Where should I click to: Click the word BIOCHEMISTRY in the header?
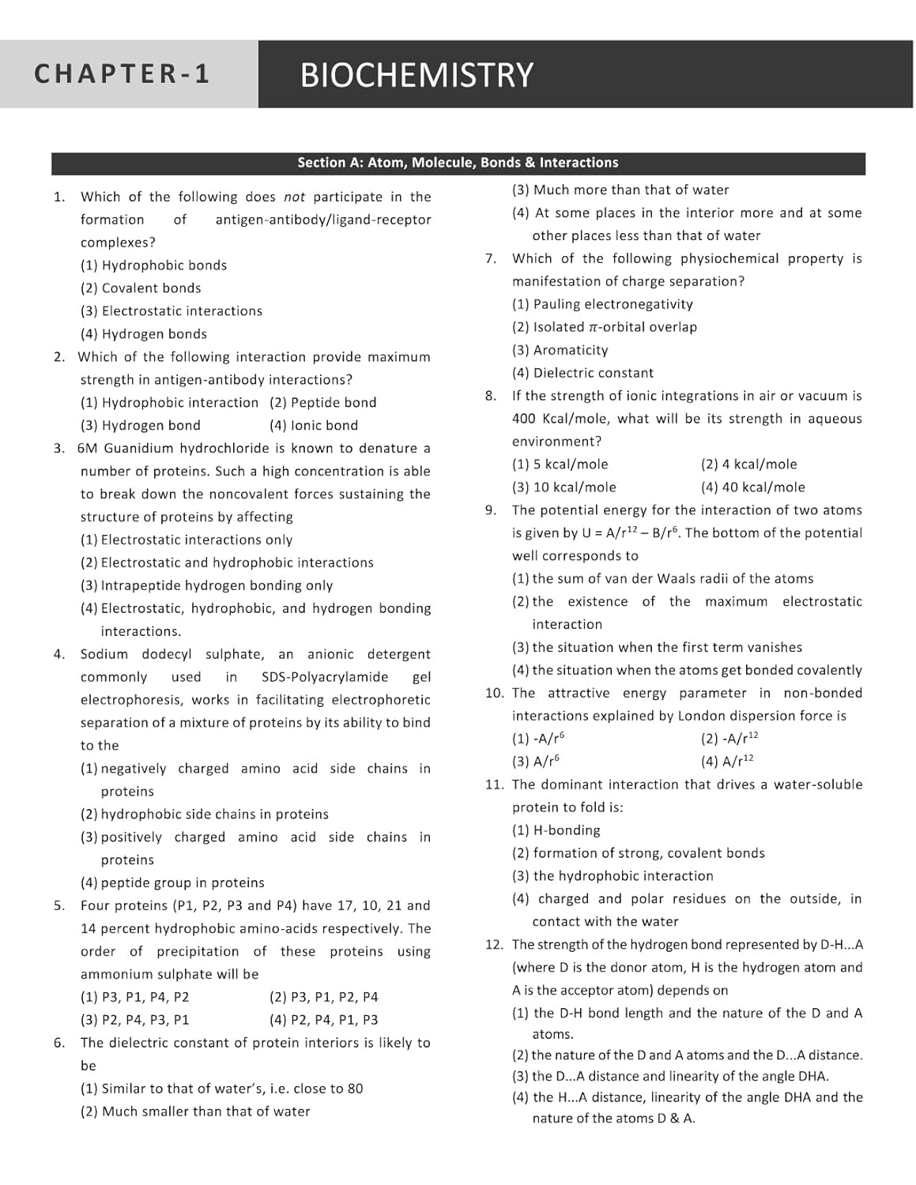(417, 75)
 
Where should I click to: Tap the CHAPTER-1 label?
(123, 73)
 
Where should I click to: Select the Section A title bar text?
(458, 163)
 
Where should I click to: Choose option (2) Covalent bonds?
(141, 288)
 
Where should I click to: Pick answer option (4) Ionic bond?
(314, 426)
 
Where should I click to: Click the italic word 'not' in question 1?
(294, 197)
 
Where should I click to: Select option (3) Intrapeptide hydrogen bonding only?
(206, 586)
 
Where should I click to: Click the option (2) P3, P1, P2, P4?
(324, 998)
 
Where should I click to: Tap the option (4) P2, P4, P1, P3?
(324, 1021)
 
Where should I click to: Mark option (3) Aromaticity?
(560, 350)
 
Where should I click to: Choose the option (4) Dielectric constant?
(582, 373)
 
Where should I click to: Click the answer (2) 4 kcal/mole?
(749, 465)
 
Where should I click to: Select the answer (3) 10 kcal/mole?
(564, 487)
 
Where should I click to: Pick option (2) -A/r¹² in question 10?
(729, 739)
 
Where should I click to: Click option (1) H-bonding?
(556, 830)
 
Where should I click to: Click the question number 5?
(59, 906)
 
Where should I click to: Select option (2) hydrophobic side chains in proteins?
(205, 814)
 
